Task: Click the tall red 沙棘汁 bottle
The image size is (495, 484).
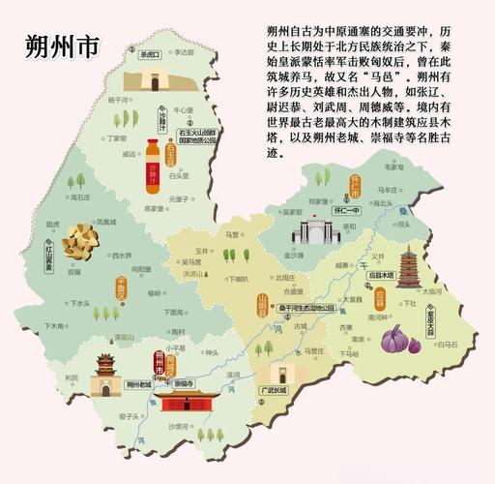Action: pos(152,175)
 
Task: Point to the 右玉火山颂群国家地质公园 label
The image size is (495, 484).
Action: pos(198,134)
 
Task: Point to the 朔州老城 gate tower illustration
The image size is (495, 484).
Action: pos(104,374)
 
